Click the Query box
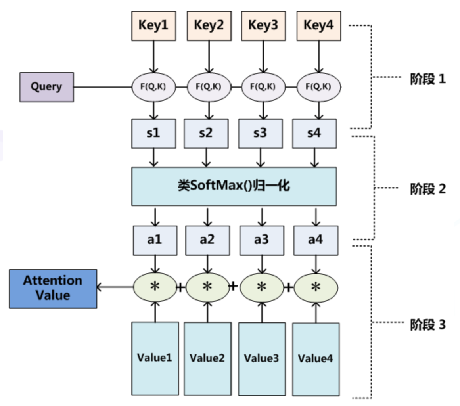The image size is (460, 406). click(x=47, y=87)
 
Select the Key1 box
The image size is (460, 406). click(x=153, y=26)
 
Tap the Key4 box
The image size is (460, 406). click(x=318, y=26)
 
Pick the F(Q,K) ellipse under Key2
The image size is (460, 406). click(x=209, y=87)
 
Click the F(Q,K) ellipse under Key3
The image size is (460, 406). click(x=263, y=87)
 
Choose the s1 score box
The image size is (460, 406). click(x=153, y=134)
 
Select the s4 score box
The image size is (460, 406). click(x=314, y=134)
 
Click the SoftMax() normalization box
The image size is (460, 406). click(x=234, y=186)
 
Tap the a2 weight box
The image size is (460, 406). click(x=207, y=240)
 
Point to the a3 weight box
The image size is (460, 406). click(x=262, y=240)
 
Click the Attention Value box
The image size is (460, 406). click(x=53, y=289)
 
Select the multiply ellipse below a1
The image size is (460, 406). click(x=155, y=287)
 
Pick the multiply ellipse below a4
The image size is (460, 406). click(x=316, y=287)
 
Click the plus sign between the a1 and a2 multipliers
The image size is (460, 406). click(x=181, y=287)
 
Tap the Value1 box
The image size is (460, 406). click(x=155, y=358)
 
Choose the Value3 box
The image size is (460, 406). click(x=262, y=359)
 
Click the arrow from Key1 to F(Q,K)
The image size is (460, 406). click(x=153, y=57)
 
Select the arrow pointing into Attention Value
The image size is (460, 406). click(x=115, y=287)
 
